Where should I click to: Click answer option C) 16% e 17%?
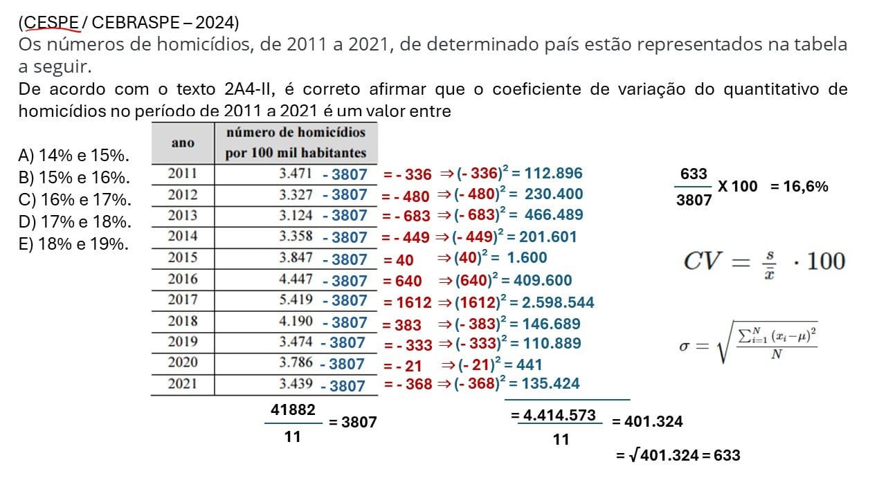tap(74, 200)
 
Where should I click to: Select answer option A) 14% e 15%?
tap(74, 156)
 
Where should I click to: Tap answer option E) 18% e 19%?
tap(73, 244)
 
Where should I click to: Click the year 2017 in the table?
tap(182, 300)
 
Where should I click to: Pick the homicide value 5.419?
tap(296, 301)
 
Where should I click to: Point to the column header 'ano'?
tap(183, 142)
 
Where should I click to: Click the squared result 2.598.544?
tap(561, 302)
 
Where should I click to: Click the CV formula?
tap(764, 261)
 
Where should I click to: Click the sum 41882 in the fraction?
tap(293, 409)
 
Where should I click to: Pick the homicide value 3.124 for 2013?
tap(296, 216)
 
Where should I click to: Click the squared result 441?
tap(527, 365)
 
